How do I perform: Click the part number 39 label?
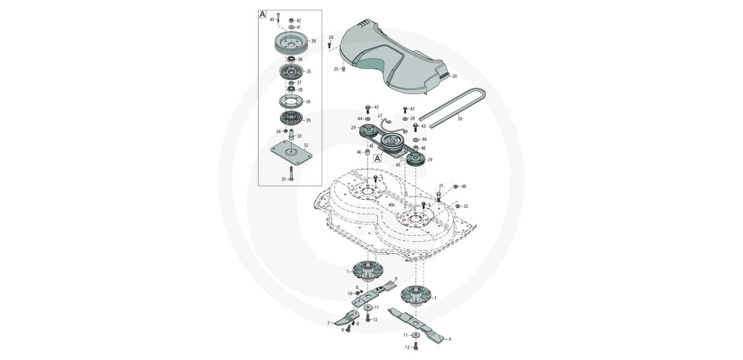tap(313, 41)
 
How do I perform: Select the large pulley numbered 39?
tap(291, 42)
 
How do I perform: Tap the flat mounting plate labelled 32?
tap(291, 154)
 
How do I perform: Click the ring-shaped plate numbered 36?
tap(290, 102)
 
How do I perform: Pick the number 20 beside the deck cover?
tap(455, 76)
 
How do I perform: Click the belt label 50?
tap(460, 119)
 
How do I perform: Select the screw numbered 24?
tap(329, 45)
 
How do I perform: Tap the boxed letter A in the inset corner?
tap(262, 14)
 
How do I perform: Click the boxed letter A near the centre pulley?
tap(377, 158)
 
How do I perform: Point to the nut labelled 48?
tap(456, 187)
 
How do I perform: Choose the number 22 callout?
tap(466, 206)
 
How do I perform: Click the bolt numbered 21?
tap(439, 196)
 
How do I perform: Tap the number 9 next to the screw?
tap(342, 330)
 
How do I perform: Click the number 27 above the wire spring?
tap(380, 116)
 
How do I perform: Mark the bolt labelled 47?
tap(405, 110)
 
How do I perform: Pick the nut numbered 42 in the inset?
tap(291, 21)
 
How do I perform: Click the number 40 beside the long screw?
tap(272, 19)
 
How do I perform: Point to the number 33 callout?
tap(299, 136)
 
